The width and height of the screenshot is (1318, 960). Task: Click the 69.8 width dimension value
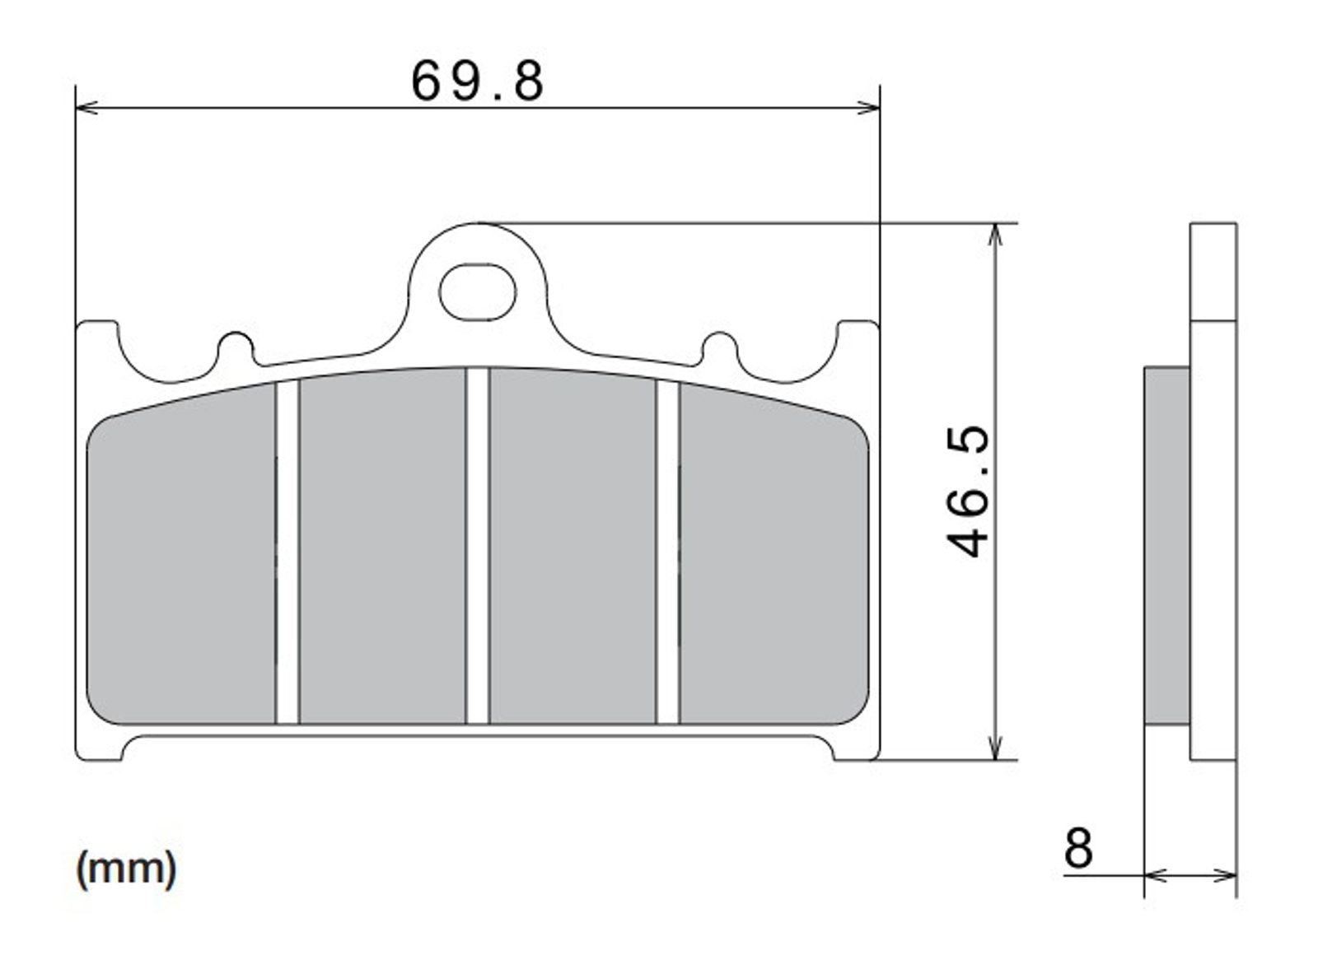[477, 82]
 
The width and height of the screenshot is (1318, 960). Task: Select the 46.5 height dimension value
[968, 492]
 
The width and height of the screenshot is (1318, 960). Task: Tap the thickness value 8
[1078, 848]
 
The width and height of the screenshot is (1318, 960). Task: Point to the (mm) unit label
[126, 870]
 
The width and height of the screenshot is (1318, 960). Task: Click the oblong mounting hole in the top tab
[477, 292]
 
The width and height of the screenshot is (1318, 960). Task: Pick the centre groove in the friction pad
[477, 545]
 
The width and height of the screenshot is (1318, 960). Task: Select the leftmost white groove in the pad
[287, 552]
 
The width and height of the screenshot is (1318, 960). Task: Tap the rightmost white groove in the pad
[668, 552]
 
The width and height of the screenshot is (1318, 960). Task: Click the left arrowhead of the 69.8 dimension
[87, 108]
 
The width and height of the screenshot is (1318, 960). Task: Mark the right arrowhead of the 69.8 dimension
[868, 108]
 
